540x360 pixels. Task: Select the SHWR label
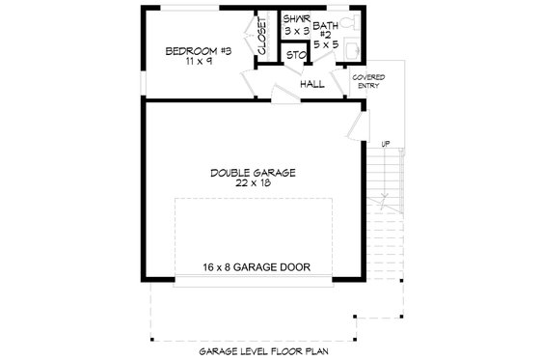294,19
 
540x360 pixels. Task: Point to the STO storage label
295,55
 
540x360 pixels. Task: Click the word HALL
311,84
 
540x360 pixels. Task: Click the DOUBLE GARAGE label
252,173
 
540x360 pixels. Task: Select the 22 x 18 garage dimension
252,184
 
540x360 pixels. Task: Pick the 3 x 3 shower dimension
294,31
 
